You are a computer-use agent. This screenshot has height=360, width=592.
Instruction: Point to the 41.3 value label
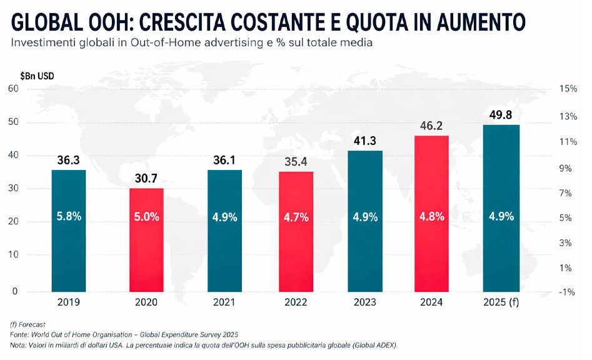(365, 141)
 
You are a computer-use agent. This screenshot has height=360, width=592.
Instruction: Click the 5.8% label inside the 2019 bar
(69, 217)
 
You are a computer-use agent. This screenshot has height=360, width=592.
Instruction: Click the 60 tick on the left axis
(13, 89)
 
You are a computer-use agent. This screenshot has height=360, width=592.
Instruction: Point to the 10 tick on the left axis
(13, 255)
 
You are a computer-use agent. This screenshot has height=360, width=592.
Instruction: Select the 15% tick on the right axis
(568, 89)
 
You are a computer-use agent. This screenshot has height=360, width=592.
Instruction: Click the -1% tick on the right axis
(568, 292)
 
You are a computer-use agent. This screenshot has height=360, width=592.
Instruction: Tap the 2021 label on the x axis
(224, 302)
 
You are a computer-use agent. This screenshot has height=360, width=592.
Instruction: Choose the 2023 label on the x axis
(365, 302)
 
